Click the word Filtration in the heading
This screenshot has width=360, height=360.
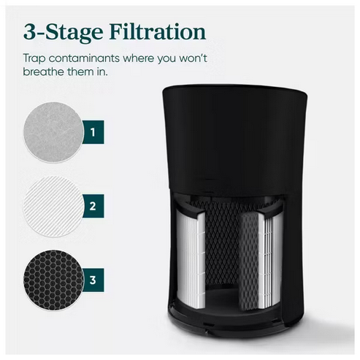[156, 33]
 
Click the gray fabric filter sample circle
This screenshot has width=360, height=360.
[53, 133]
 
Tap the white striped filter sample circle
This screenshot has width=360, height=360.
[53, 205]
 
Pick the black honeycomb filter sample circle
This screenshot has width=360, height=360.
[53, 279]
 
